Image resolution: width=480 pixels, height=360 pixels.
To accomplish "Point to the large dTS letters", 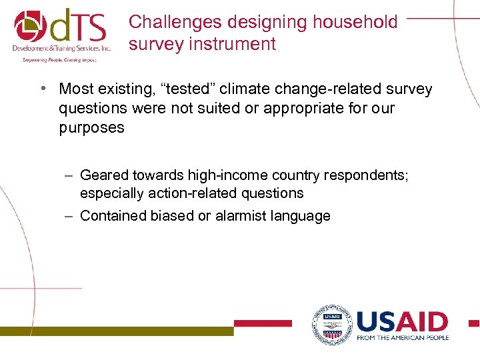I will pos(80,25).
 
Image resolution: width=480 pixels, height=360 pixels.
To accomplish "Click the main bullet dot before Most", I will pos(42,89).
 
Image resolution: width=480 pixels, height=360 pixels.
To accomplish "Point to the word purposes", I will pos(91,127).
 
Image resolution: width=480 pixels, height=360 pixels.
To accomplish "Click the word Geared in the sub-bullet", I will pos(104,175).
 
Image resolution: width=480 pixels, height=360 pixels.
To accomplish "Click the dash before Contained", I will pos(70,215).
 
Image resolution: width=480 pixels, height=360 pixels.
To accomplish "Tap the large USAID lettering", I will pos(402,322).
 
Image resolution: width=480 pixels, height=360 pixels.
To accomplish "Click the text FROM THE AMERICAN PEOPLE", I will pos(403,338).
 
